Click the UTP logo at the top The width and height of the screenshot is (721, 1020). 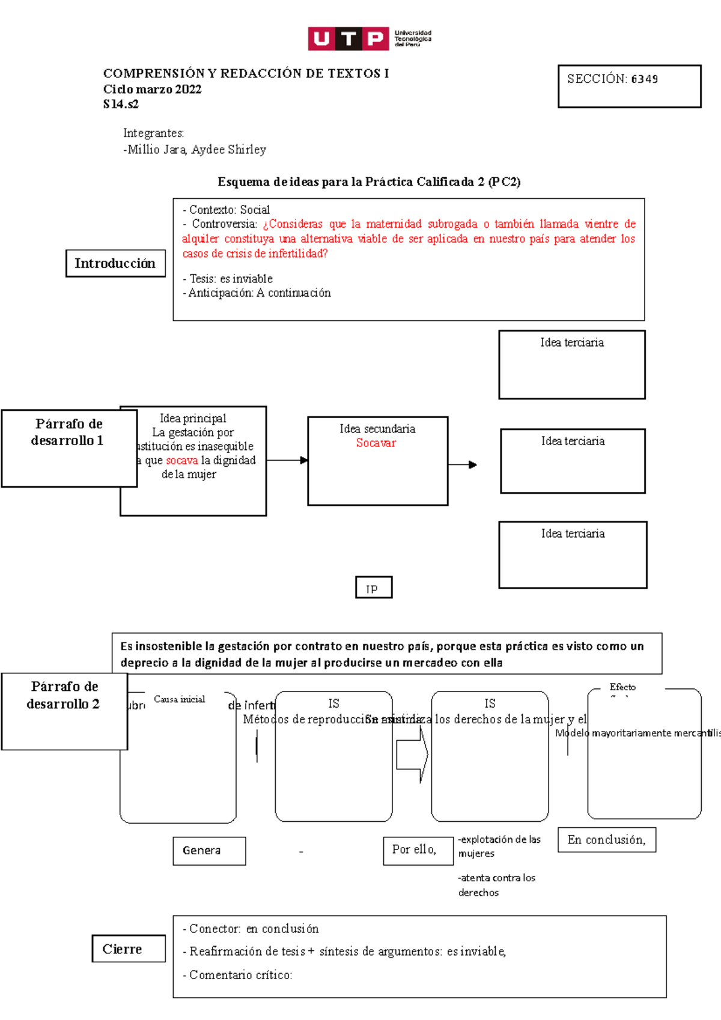pos(369,39)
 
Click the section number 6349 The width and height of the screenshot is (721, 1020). pos(644,79)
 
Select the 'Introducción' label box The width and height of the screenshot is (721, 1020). pos(115,264)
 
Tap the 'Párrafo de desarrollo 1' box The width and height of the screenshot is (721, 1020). pos(68,448)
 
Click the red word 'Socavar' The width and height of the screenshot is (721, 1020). pos(376,443)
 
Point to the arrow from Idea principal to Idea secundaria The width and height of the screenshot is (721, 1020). pos(287,461)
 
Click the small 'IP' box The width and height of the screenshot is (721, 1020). pos(373,588)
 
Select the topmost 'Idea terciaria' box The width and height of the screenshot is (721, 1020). pos(571,365)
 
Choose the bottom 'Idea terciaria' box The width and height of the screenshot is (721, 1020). pos(573,554)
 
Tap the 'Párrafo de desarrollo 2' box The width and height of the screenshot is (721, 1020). pos(64,711)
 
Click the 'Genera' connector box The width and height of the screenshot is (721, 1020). pos(209,851)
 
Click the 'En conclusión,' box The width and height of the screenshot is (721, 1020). pos(606,840)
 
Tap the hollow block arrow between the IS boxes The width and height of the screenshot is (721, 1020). pos(412,754)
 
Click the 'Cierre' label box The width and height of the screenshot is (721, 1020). pos(128,949)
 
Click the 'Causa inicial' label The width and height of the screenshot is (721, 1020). pos(179,699)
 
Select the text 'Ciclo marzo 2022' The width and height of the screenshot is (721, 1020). pos(152,90)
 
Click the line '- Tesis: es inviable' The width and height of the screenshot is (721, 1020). pos(228,279)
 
